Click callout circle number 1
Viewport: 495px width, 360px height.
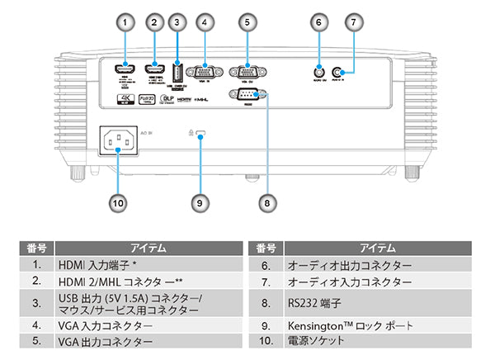tap(125, 22)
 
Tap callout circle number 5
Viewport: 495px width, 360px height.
tap(247, 22)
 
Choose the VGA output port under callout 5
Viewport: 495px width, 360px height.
tap(247, 72)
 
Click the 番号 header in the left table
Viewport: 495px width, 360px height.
tap(35, 247)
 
